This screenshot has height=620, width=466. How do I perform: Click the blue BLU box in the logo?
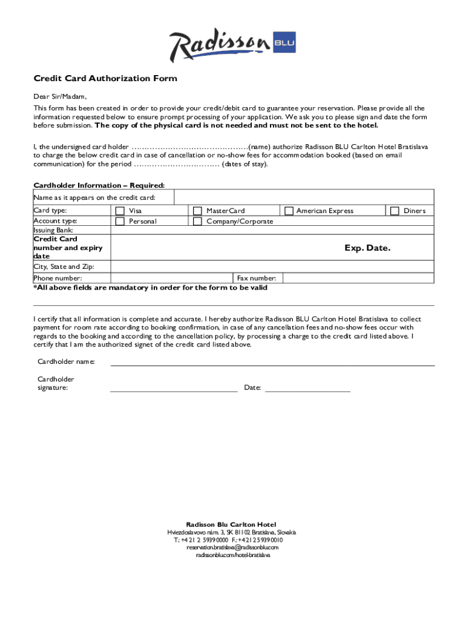[284, 43]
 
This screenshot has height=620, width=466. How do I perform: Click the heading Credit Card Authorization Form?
[105, 79]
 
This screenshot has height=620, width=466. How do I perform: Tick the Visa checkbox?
[120, 211]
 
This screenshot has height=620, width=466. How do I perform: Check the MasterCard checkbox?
[197, 211]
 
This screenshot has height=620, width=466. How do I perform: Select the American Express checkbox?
[289, 211]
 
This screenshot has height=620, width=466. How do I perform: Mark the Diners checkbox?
[395, 211]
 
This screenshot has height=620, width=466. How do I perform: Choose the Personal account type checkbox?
[120, 222]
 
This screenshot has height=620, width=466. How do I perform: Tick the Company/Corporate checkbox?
[197, 222]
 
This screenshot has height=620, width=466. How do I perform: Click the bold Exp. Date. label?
[367, 248]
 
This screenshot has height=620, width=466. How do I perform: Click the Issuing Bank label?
[53, 230]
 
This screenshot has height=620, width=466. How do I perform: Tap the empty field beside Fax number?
[358, 278]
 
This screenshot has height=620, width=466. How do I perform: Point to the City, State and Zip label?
[64, 266]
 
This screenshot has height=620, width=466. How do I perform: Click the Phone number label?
[57, 278]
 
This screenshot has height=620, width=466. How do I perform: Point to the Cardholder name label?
[66, 362]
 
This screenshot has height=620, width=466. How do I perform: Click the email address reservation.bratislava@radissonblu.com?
[232, 547]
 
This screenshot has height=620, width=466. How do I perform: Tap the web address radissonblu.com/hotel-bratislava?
[232, 555]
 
